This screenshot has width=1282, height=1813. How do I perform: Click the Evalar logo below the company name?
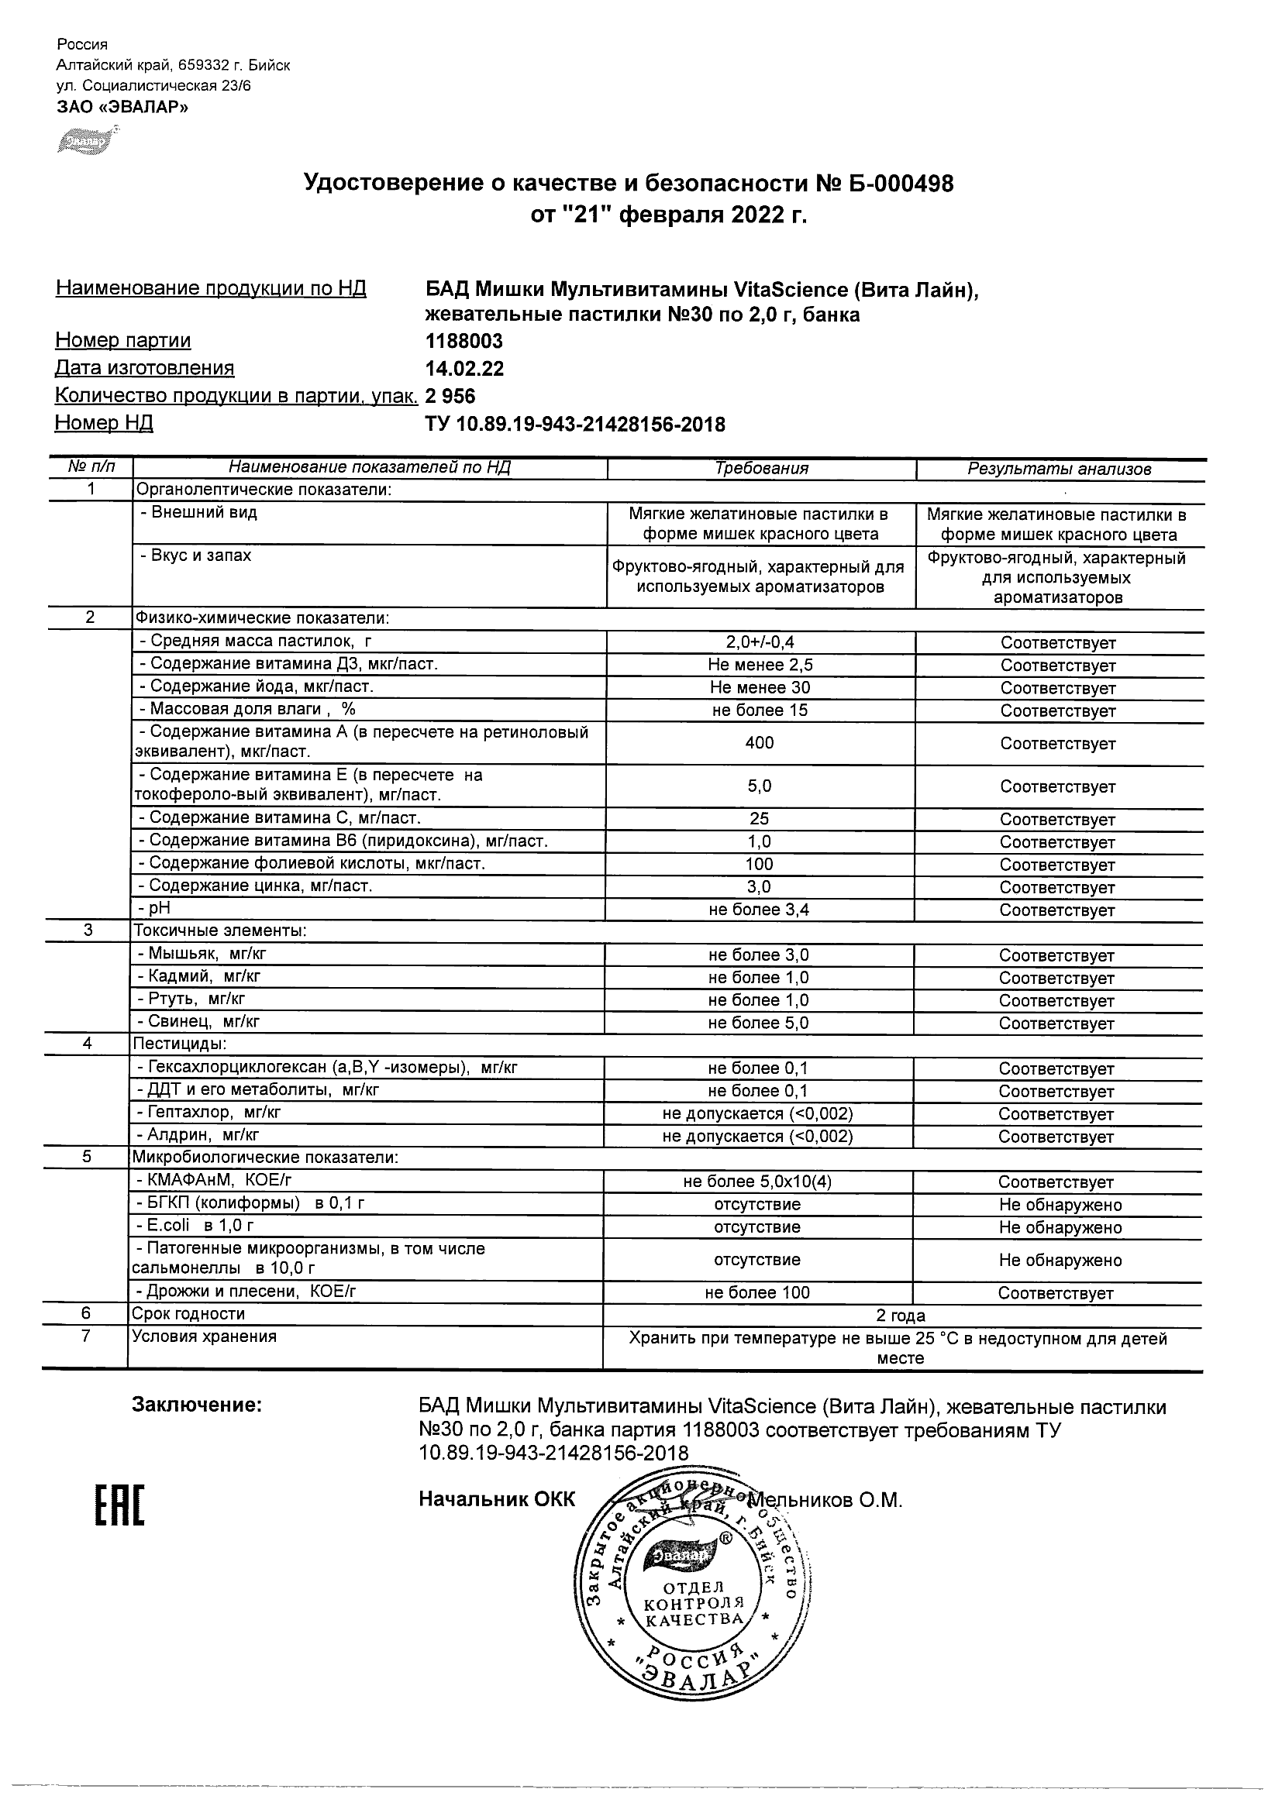(x=85, y=140)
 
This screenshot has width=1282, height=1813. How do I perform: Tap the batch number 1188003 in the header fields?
(x=464, y=341)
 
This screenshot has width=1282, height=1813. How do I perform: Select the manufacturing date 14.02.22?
(x=464, y=369)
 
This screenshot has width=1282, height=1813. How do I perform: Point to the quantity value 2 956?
(x=450, y=396)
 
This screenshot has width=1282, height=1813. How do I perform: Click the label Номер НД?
(x=104, y=423)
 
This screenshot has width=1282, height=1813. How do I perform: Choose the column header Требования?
(x=760, y=468)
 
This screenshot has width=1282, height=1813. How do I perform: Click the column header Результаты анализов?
(x=1059, y=469)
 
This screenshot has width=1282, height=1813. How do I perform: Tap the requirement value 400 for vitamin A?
(x=759, y=743)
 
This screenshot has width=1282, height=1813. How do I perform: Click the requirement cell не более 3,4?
(x=758, y=910)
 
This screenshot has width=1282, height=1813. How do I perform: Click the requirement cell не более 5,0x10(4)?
(x=756, y=1182)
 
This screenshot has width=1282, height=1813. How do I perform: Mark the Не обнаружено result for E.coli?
(x=1060, y=1227)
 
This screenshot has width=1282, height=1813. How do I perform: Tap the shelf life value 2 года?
(x=900, y=1316)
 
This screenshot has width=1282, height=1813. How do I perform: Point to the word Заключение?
(x=196, y=1405)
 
